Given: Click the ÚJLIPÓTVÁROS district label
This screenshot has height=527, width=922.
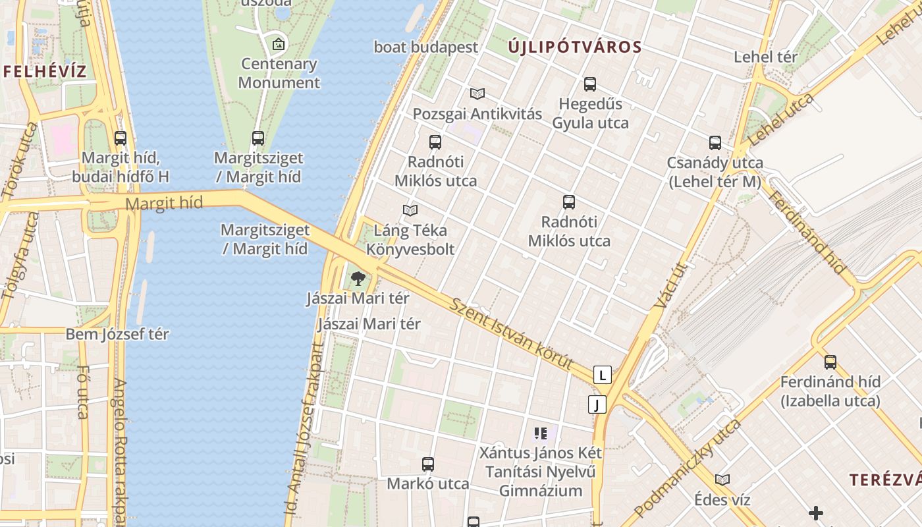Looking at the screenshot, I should click(x=575, y=47).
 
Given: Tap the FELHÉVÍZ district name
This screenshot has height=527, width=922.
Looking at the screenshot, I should click(x=45, y=71).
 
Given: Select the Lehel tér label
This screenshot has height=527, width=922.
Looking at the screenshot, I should click(x=765, y=57).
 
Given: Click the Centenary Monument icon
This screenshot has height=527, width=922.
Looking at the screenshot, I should click(x=279, y=44).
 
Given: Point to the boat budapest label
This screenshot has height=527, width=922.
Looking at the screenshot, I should click(x=425, y=47).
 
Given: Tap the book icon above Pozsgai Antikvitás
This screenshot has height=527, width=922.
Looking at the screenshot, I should click(x=477, y=94).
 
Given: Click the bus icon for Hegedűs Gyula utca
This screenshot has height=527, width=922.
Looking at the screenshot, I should click(x=590, y=84).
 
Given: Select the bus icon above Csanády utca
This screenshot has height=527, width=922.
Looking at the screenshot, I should click(x=715, y=143).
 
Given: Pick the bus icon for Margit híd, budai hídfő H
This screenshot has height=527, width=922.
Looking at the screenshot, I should click(x=121, y=138).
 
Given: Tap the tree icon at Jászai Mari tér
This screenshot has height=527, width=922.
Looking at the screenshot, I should click(x=358, y=279).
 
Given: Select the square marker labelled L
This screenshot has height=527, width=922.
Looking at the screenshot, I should click(x=603, y=375).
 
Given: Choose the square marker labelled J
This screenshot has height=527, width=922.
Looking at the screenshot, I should click(x=597, y=404).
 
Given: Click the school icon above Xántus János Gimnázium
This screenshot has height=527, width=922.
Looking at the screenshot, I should click(x=541, y=433).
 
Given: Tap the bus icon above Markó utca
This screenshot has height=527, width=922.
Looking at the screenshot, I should click(x=428, y=464).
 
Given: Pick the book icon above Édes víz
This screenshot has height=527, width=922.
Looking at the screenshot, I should click(x=722, y=480).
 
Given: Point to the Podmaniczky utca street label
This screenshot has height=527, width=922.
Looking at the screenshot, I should click(x=687, y=468).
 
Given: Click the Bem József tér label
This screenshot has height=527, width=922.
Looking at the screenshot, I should click(x=117, y=334).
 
